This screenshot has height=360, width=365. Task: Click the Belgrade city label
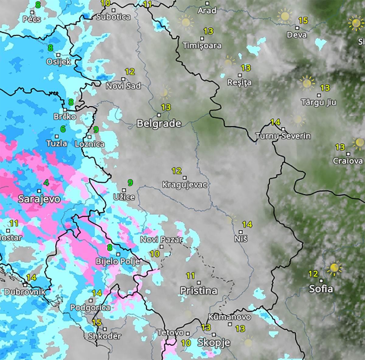coord(159,123)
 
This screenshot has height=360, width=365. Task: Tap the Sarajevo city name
coord(39,199)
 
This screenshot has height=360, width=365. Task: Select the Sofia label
coord(321,289)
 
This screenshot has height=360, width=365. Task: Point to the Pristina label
coord(199,290)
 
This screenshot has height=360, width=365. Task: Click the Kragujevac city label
coord(185,185)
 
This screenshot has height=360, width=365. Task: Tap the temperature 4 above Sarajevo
coord(46,183)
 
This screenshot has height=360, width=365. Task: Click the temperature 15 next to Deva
coord(303,21)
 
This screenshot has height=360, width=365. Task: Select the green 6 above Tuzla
coord(63,129)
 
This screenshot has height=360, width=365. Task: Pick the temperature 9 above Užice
coord(130,183)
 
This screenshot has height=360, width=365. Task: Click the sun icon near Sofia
coord(334,268)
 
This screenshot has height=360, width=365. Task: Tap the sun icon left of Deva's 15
coord(285,16)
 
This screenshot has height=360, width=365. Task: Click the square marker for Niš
coord(241,232)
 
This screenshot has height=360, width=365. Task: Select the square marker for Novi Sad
coord(123,79)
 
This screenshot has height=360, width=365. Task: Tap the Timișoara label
coord(202,46)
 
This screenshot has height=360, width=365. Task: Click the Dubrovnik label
coord(24,292)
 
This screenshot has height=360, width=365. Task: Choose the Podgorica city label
coord(90,307)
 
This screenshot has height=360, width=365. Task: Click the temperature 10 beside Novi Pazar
coord(155,253)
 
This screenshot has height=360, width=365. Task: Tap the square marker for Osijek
coord(58,55)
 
